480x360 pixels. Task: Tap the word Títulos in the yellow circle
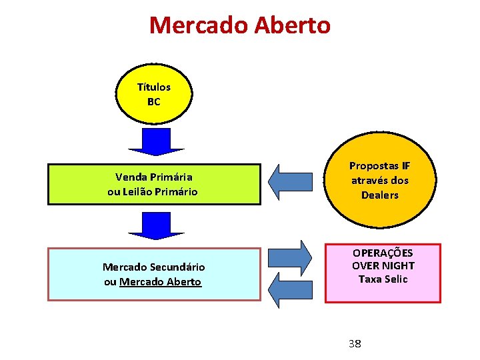point(153,87)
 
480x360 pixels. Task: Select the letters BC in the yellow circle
point(153,102)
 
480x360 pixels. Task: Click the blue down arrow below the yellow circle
point(156,141)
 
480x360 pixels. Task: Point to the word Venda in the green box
point(130,177)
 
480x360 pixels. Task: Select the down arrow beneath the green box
point(156,225)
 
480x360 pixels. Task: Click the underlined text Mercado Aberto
point(160,282)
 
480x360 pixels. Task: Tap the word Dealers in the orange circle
point(379,195)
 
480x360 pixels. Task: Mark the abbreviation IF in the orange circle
point(406,165)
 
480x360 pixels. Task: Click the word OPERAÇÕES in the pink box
point(383,253)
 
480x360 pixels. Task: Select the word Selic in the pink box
point(395,279)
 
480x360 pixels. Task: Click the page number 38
point(355,343)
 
